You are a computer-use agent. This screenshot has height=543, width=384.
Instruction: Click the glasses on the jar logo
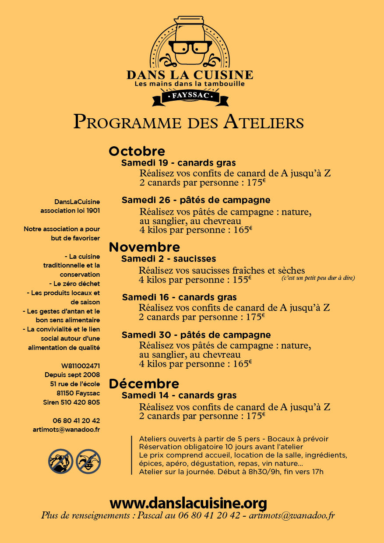point(190,47)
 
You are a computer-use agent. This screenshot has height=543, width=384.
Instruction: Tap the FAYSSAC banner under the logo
point(190,95)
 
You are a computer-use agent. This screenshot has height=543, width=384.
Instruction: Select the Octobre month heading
point(137,151)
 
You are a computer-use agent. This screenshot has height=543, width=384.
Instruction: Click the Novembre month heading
point(144,247)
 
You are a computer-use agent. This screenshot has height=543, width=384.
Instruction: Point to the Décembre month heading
point(144,384)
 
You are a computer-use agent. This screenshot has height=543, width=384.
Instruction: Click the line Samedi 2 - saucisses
point(169,259)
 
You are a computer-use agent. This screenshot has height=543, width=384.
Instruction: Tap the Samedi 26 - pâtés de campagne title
point(196,200)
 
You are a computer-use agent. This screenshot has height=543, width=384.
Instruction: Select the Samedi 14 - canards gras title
point(179,395)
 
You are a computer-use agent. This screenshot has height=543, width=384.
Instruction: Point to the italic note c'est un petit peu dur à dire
point(318,278)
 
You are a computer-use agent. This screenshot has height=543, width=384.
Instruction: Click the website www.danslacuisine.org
point(188,502)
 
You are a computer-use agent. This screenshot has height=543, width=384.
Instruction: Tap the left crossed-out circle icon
point(60,461)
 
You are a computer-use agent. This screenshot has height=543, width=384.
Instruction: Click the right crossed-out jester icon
point(88,461)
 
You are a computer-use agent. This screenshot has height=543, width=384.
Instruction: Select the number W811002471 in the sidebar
point(81,366)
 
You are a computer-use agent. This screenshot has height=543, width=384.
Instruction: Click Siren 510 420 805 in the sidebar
point(71,402)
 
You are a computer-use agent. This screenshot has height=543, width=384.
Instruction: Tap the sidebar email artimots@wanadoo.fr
point(66,430)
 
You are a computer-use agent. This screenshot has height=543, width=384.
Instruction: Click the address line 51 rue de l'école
point(75,384)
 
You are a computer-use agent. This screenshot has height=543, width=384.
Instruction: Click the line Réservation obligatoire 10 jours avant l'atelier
point(221,447)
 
